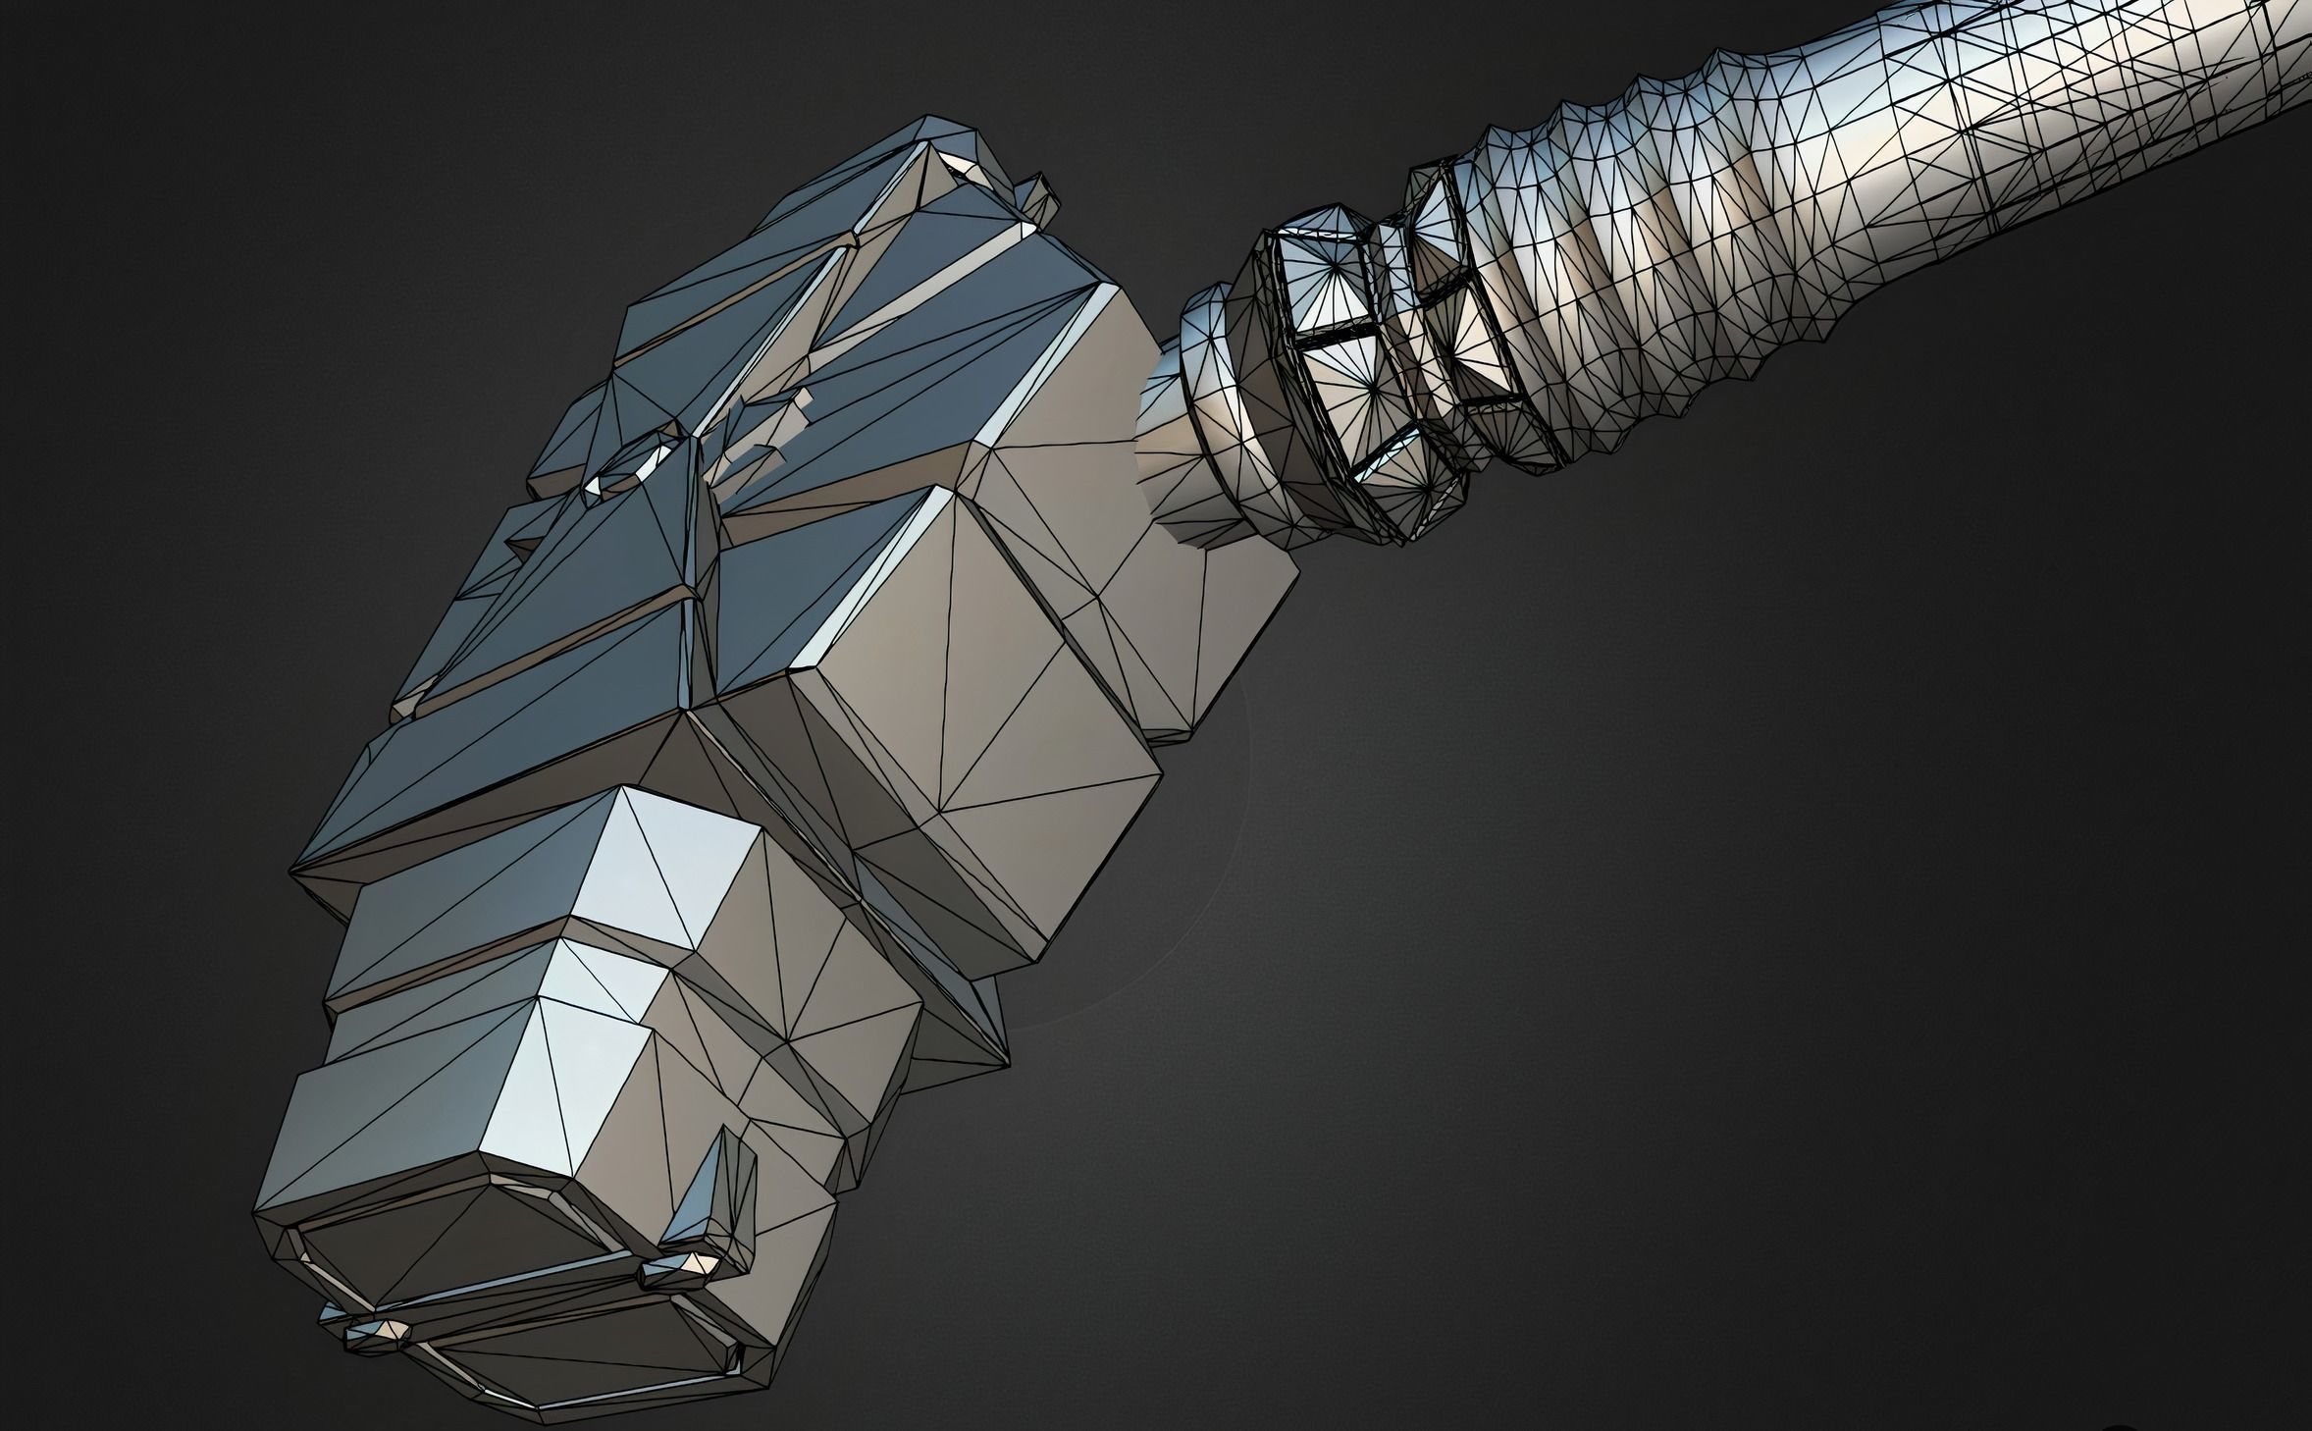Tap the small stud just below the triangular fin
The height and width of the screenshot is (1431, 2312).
coord(677,1272)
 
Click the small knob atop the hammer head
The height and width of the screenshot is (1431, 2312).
coord(1042,196)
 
